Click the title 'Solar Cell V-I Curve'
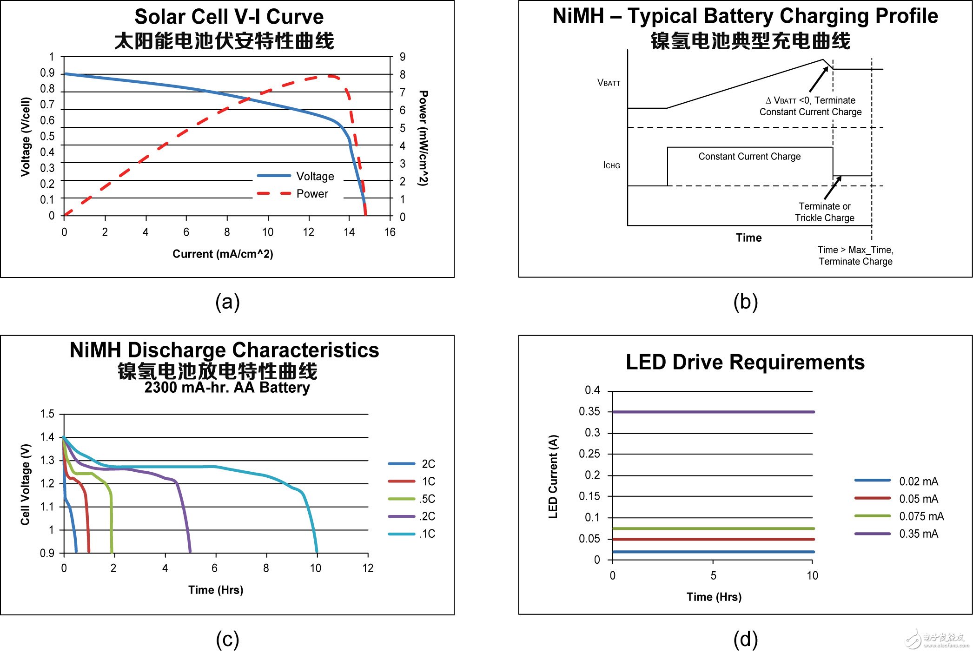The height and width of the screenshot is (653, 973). (229, 17)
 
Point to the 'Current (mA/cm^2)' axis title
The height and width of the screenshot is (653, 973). (223, 254)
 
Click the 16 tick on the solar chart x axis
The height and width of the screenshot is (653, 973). (390, 232)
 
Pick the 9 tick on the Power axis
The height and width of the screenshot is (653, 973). (403, 57)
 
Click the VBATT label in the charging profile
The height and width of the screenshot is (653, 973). (609, 83)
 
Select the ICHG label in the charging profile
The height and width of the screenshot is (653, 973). (611, 165)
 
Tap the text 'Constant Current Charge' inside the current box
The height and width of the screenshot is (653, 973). (749, 157)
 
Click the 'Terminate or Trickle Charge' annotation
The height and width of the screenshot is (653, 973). (824, 212)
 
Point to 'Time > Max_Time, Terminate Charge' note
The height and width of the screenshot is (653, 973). (855, 256)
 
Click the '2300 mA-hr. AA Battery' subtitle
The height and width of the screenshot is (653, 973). (227, 387)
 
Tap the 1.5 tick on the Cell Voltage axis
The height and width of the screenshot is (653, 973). (47, 414)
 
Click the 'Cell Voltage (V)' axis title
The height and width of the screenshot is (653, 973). (26, 485)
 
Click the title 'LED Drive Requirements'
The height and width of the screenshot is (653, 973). (745, 362)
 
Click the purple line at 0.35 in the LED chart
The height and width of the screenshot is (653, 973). (714, 412)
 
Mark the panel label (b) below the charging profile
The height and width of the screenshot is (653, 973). (745, 302)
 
